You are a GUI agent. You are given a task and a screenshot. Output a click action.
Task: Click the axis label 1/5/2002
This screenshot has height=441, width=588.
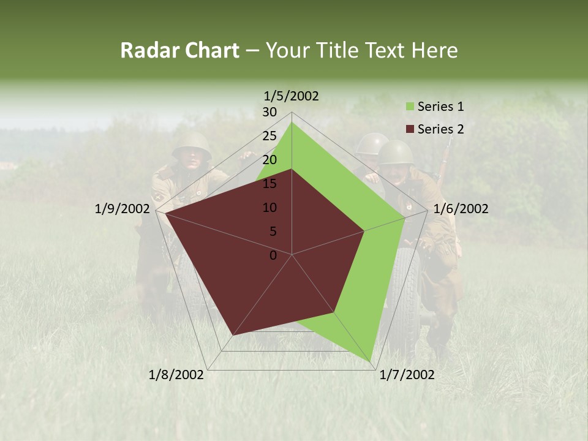point(292,96)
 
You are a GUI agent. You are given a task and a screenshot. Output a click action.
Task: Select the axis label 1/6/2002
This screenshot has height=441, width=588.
point(461,209)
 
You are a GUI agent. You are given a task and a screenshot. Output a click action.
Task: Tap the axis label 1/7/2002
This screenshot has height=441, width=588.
point(407,375)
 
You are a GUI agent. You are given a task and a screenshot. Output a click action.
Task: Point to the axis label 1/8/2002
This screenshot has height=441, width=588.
point(176,375)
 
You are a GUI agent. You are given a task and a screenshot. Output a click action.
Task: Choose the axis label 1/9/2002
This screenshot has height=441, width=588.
point(123,209)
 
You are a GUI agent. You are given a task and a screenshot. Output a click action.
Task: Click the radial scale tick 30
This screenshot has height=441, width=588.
point(269,112)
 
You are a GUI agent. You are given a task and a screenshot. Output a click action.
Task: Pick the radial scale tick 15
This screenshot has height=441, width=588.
point(269,184)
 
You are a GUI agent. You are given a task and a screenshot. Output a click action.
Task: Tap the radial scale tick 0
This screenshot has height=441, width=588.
point(273,255)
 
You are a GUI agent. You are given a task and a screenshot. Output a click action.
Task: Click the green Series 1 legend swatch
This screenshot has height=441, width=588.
point(409,107)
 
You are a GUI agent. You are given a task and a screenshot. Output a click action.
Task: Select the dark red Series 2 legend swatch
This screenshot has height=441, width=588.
point(409,129)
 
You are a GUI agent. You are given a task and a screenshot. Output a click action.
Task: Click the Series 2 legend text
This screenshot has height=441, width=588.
point(440,129)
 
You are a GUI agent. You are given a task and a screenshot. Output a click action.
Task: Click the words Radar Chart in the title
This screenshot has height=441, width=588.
point(179,50)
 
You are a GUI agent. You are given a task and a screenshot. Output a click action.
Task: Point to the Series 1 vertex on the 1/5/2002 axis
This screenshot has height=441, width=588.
point(292,122)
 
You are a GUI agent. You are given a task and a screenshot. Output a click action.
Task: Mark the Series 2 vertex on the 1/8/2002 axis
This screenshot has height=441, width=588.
point(233,336)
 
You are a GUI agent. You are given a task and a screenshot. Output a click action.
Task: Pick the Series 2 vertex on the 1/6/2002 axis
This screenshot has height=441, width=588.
point(364,231)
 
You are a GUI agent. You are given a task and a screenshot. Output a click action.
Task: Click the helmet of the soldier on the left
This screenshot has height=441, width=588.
point(191,145)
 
